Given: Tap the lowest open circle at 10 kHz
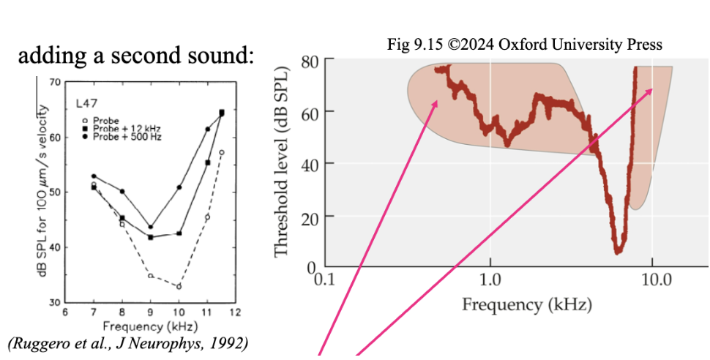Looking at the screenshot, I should [178, 286].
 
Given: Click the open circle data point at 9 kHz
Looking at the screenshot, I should [150, 276].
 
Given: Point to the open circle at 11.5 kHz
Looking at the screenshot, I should [221, 152].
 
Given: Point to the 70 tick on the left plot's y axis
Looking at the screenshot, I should [55, 82].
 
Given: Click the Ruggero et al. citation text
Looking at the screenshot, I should [127, 342].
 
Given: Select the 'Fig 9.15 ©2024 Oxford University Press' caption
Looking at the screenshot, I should [524, 45].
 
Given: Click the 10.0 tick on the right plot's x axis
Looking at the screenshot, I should [652, 280].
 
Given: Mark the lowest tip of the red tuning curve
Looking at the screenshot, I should [619, 251].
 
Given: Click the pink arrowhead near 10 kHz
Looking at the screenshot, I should [650, 91].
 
